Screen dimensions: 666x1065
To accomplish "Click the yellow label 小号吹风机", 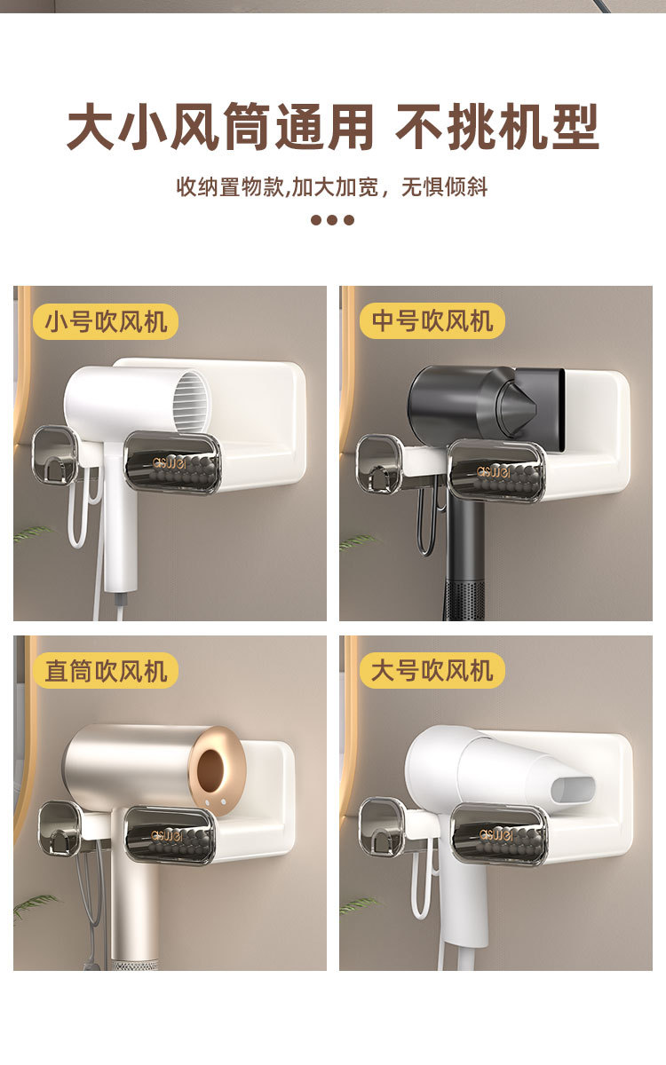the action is (106, 322).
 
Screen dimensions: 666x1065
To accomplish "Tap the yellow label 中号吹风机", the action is (432, 321).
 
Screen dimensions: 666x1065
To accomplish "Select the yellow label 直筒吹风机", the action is (106, 671).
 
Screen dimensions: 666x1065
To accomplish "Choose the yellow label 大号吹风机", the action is (432, 670).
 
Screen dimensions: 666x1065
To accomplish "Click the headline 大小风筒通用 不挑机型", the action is (333, 126).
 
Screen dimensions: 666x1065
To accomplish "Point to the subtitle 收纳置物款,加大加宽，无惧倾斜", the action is (332, 187).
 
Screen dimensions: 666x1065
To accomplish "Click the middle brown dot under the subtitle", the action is (332, 220).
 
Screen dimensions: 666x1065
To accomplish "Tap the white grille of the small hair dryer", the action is (191, 401).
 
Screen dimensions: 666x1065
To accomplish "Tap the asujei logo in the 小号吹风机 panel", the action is (170, 462).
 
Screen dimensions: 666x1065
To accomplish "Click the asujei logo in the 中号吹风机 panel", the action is (494, 471).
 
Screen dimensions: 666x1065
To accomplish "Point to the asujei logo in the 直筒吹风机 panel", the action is (167, 836).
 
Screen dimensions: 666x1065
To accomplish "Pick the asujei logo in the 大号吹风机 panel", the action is (496, 834).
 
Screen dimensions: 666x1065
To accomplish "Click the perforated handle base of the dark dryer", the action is (464, 602).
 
